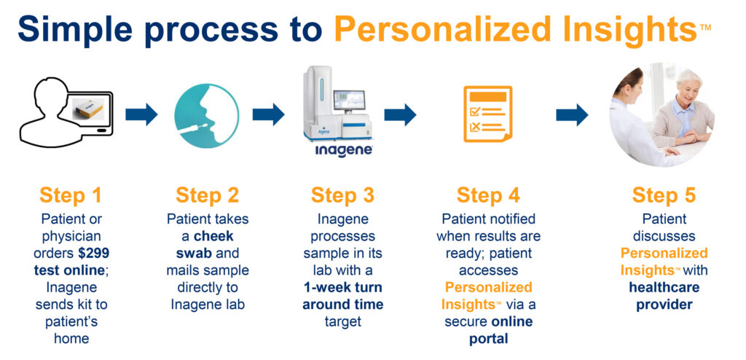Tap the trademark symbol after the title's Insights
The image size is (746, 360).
pyautogui.click(x=705, y=27)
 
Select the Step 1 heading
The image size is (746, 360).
pyautogui.click(x=71, y=195)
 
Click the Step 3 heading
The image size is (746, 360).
pyautogui.click(x=342, y=195)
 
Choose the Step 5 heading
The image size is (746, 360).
pyautogui.click(x=664, y=195)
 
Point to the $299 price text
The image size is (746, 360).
pyautogui.click(x=93, y=252)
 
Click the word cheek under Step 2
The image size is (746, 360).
pyautogui.click(x=214, y=236)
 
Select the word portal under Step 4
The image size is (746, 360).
pyautogui.click(x=489, y=339)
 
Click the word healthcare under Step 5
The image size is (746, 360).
pyautogui.click(x=664, y=288)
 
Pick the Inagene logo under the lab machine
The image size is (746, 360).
pyautogui.click(x=343, y=151)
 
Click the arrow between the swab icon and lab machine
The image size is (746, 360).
pyautogui.click(x=268, y=114)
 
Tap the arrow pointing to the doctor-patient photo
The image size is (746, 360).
pyautogui.click(x=572, y=114)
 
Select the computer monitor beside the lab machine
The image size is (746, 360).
pyautogui.click(x=349, y=101)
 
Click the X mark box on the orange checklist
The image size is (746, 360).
pyautogui.click(x=475, y=127)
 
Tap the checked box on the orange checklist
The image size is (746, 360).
pyautogui.click(x=475, y=111)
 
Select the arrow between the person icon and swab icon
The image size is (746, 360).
pyautogui.click(x=141, y=114)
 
